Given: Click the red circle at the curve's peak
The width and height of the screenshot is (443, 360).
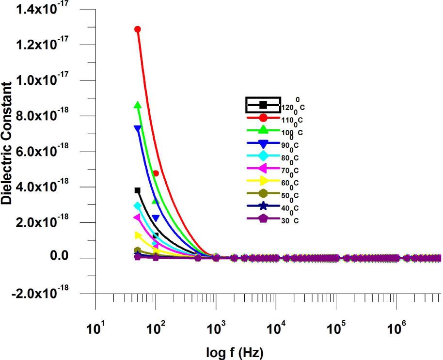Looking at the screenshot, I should pyautogui.click(x=138, y=30).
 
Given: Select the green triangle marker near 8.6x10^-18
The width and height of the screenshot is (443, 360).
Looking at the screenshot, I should pyautogui.click(x=138, y=105).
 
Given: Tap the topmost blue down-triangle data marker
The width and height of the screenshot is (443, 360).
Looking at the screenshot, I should pyautogui.click(x=138, y=128).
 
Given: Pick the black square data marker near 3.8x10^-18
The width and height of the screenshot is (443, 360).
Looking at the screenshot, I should pyautogui.click(x=138, y=190).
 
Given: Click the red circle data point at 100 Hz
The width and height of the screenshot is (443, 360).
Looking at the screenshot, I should pyautogui.click(x=156, y=173).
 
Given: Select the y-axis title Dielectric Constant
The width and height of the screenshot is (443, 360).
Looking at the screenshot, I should pyautogui.click(x=7, y=143).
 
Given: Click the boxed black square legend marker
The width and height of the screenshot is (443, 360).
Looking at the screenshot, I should pyautogui.click(x=263, y=105).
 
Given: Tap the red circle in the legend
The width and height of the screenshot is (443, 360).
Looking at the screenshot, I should pyautogui.click(x=263, y=117).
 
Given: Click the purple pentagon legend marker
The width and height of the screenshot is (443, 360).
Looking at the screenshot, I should pyautogui.click(x=263, y=219).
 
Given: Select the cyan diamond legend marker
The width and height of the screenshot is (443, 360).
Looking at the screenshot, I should pyautogui.click(x=263, y=156).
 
